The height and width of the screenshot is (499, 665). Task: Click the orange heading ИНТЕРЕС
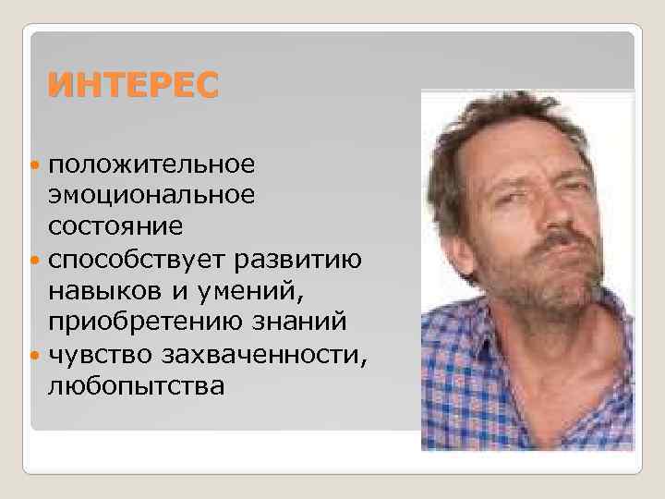134,86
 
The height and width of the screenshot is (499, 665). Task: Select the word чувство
103,353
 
